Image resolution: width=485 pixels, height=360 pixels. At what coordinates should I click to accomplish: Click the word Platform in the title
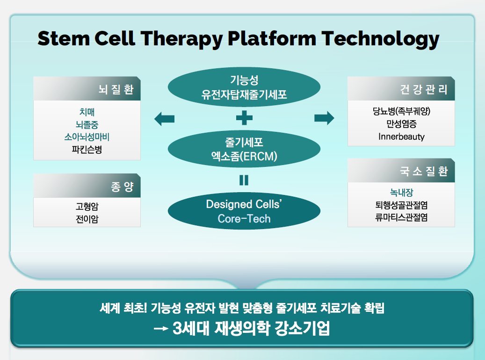[x=272, y=39]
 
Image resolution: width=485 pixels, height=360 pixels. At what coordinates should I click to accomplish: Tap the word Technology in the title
[x=380, y=39]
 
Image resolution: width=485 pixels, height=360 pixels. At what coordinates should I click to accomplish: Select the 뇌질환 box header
[x=87, y=88]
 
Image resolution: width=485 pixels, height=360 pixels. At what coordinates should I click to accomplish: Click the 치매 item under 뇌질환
[x=87, y=112]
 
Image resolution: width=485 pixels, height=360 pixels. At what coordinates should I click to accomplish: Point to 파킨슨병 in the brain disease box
[x=87, y=150]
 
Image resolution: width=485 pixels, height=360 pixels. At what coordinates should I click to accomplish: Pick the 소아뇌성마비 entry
[x=87, y=137]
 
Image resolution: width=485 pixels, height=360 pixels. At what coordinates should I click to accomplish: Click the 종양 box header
[x=87, y=186]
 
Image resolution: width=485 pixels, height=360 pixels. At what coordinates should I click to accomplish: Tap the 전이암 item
[x=87, y=219]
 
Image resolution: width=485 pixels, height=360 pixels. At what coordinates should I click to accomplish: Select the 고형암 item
[x=87, y=206]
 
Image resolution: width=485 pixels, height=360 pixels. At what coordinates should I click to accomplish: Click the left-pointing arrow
[x=164, y=119]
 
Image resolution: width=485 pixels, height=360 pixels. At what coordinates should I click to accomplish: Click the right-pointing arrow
[x=324, y=118]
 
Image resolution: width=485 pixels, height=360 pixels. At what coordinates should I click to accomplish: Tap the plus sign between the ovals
[x=244, y=118]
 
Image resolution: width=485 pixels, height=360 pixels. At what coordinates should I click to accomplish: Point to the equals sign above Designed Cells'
[x=244, y=180]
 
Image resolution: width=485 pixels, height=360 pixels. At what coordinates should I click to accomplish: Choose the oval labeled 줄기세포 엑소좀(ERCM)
[x=244, y=149]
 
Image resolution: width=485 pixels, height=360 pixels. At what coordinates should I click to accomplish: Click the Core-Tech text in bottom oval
[x=244, y=219]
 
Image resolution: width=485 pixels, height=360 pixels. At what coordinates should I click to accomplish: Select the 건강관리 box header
[x=401, y=88]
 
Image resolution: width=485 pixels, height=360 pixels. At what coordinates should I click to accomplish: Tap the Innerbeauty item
[x=401, y=137]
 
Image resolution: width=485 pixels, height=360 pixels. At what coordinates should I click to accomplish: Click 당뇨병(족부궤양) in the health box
[x=401, y=111]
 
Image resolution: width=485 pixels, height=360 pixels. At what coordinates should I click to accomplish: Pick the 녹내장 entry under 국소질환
[x=401, y=193]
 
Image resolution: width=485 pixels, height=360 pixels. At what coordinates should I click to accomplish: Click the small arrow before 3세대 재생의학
[x=161, y=329]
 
